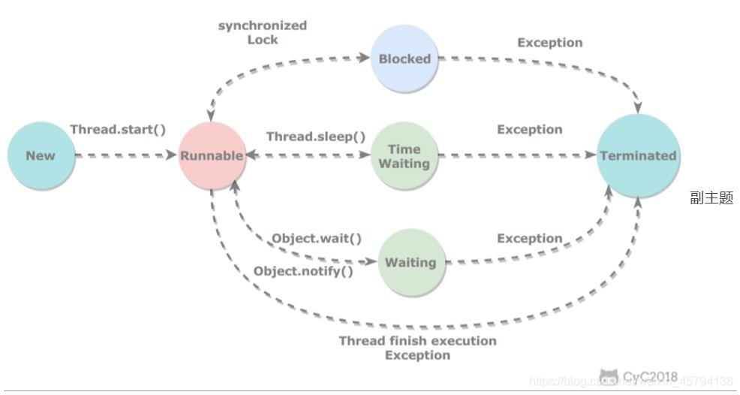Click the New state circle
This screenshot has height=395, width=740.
click(x=41, y=155)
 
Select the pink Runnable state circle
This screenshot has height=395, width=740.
click(x=212, y=155)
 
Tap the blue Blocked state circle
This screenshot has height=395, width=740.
click(x=405, y=59)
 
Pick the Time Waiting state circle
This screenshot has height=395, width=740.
click(x=405, y=156)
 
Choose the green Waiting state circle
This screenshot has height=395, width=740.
click(x=411, y=262)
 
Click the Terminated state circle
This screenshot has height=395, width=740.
click(x=638, y=155)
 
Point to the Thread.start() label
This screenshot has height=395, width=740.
click(x=118, y=129)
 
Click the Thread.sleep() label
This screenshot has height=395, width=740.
click(x=316, y=137)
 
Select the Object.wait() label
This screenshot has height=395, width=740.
click(x=316, y=239)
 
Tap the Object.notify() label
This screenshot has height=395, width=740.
click(x=303, y=270)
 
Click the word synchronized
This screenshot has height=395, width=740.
click(x=263, y=26)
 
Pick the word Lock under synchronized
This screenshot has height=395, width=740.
click(x=263, y=39)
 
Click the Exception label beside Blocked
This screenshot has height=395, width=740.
click(x=549, y=43)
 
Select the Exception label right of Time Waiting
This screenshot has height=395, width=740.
click(x=529, y=130)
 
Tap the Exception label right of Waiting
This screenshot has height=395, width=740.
click(x=529, y=238)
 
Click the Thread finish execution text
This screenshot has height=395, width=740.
click(x=417, y=341)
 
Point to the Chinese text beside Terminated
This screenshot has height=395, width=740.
click(x=711, y=199)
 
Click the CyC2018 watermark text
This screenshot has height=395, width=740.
click(x=650, y=375)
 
